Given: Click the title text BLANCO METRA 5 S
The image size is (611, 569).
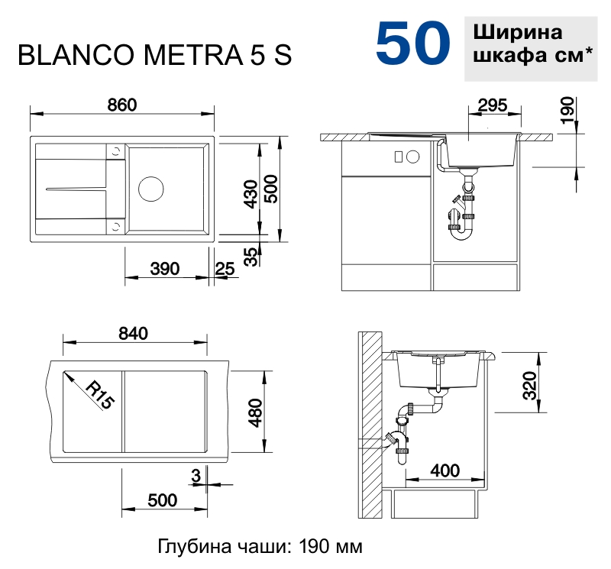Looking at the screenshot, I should pos(154,57).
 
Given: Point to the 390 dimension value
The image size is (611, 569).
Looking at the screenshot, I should pos(164,268).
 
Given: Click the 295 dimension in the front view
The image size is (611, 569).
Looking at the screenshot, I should pos(490,106).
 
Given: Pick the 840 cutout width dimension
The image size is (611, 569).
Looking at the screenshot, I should pos(133,333).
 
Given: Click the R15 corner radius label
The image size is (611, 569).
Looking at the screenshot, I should pos(99,395).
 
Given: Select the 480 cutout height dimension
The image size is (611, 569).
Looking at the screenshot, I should pos(255,413).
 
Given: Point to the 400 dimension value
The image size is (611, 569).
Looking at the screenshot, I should pos(445,471).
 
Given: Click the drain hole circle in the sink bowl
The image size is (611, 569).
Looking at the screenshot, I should pos(150,188).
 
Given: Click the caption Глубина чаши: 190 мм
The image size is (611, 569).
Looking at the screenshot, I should pos(260,547).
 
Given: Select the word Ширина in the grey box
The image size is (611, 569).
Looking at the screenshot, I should pos(518,34).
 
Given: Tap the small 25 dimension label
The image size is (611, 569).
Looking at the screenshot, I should pos(225,268).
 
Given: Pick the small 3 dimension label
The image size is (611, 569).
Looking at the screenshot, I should pos(196,475).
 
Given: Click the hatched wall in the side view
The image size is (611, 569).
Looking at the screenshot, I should pos(371,428).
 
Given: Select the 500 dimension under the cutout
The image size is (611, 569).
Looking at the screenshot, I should pos(162,500).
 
